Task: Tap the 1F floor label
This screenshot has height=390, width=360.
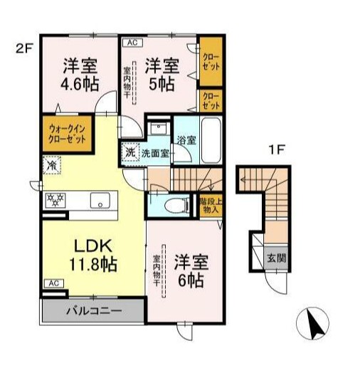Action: click(277, 150)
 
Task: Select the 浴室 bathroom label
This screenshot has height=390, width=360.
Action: click(186, 139)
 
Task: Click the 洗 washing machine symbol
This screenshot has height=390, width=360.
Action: click(130, 152)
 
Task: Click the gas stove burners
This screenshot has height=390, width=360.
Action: click(55, 200)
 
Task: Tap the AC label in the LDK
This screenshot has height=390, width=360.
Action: click(53, 283)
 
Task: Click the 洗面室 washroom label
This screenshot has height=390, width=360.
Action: click(154, 152)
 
